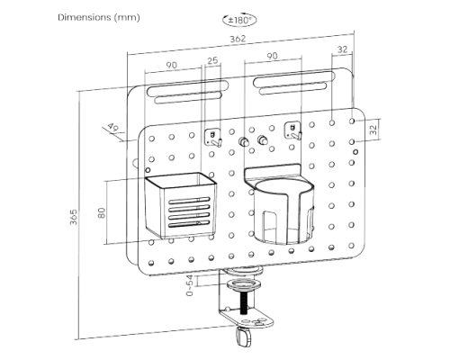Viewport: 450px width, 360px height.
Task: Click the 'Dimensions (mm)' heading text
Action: [99, 17]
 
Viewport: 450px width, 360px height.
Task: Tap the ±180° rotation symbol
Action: [239, 20]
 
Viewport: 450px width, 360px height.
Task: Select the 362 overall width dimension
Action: [238, 39]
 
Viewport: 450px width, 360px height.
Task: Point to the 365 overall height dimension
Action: [74, 217]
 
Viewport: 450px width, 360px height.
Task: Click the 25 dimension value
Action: [212, 60]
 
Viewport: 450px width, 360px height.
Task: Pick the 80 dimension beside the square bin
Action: [102, 212]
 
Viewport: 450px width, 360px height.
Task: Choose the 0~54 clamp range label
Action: [190, 285]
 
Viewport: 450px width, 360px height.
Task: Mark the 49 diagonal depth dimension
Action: [113, 127]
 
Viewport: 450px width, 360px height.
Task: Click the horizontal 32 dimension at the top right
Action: [342, 49]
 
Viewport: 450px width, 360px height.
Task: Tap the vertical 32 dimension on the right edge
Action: [373, 130]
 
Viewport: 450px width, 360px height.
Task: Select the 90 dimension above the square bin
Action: [171, 65]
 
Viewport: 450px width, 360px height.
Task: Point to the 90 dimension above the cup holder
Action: [272, 56]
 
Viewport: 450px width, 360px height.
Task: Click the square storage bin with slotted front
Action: [181, 205]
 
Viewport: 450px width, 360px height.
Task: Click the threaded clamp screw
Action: [244, 302]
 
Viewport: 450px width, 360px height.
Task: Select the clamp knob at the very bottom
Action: [244, 337]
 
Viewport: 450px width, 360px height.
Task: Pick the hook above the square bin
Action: [213, 138]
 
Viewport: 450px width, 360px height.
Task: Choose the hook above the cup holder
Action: [292, 131]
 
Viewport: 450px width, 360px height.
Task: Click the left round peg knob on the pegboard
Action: [243, 141]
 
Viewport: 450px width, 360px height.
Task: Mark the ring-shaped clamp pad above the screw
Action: [244, 284]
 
